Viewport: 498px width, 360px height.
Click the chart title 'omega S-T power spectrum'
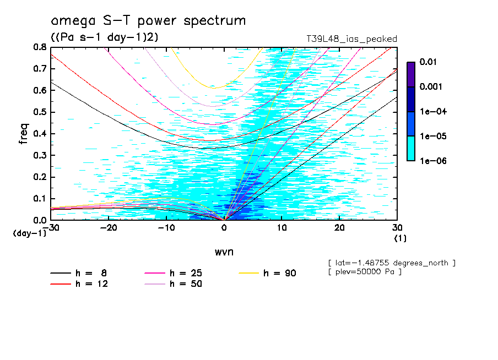[x=148, y=21]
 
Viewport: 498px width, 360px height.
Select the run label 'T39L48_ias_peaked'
[x=351, y=39]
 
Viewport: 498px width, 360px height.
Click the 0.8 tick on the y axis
[x=39, y=47]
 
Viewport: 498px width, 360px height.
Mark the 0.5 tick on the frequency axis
[x=39, y=112]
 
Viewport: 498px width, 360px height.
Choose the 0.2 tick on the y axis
[x=39, y=177]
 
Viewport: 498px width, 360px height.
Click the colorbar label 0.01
[x=428, y=62]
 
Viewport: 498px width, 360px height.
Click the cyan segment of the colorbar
[x=410, y=148]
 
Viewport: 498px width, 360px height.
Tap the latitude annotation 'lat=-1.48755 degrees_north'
[x=391, y=263]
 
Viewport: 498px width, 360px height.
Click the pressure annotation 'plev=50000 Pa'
[x=364, y=272]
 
